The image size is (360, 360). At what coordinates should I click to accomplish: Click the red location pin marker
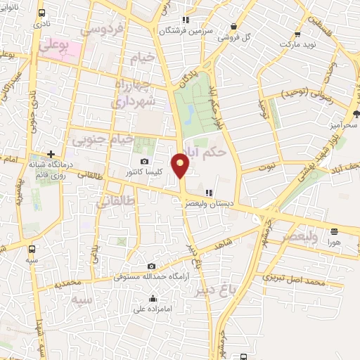(181, 165)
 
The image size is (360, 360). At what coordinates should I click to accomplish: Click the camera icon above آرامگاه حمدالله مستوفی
(152, 266)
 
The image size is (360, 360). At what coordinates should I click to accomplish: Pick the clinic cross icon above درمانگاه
(51, 154)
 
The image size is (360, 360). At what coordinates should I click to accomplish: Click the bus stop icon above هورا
(334, 231)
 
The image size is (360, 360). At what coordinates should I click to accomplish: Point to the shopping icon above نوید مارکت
(297, 33)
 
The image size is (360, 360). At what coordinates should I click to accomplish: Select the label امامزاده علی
(153, 309)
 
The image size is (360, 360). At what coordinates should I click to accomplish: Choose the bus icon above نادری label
(43, 13)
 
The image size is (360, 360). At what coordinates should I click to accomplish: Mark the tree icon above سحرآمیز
(356, 113)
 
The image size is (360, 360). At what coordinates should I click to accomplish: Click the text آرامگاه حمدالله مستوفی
(152, 277)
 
